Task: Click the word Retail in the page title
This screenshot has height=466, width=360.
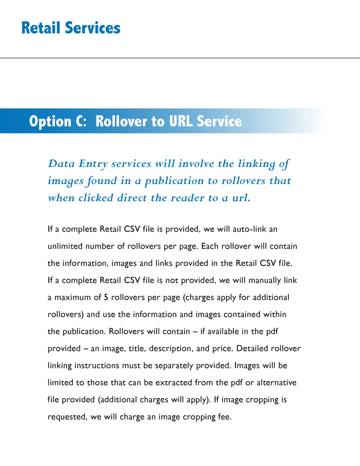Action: tap(41, 28)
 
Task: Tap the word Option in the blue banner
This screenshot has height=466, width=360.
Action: tap(50, 121)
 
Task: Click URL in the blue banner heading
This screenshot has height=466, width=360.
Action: tap(180, 121)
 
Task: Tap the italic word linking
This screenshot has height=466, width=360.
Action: tap(256, 164)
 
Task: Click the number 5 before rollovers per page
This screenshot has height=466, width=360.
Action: tap(106, 298)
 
